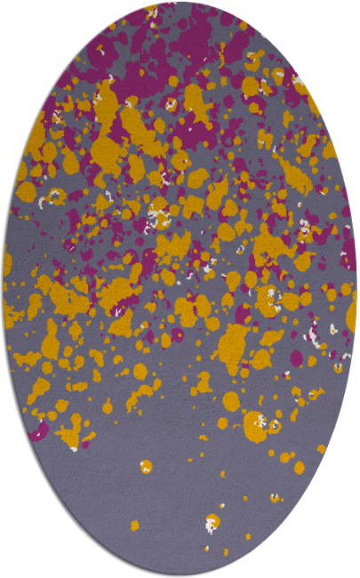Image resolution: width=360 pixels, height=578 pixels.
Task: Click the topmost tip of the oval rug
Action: pyautogui.click(x=180, y=3)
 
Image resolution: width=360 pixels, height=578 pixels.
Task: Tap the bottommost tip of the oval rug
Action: pyautogui.click(x=180, y=575)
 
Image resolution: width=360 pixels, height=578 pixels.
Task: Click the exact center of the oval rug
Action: pyautogui.click(x=180, y=289)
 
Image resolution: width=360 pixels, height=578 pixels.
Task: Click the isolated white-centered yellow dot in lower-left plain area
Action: pyautogui.click(x=145, y=466)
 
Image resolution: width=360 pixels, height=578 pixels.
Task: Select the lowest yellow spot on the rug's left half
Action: pyautogui.click(x=134, y=526)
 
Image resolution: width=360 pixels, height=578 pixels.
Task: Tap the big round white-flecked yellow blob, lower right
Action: pyautogui.click(x=255, y=425)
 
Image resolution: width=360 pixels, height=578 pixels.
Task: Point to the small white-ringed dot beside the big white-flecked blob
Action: pyautogui.click(x=275, y=426)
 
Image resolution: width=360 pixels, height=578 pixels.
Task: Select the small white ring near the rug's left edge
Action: pyautogui.click(x=53, y=197)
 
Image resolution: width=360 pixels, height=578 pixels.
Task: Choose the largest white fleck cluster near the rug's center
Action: pyautogui.click(x=158, y=213)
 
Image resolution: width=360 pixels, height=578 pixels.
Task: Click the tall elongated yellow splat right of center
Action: pyautogui.click(x=233, y=342)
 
